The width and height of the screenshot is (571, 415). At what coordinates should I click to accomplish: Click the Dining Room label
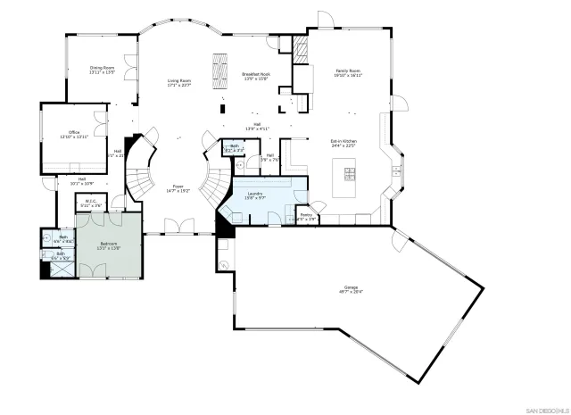[103, 70]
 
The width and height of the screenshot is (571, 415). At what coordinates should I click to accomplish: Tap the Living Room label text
[179, 83]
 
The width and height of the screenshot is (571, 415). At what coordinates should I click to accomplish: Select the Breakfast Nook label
[255, 76]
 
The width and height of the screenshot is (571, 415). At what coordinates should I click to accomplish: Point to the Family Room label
[348, 74]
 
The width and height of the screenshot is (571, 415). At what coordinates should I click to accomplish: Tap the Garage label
[349, 289]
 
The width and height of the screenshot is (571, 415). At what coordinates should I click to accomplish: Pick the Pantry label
[306, 215]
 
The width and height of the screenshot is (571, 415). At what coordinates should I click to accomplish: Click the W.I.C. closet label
[91, 203]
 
